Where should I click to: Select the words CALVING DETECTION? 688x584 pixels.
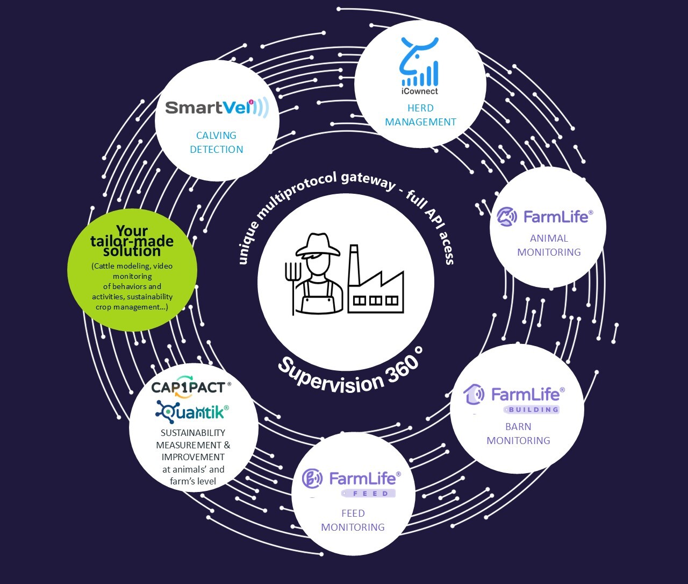point(217,143)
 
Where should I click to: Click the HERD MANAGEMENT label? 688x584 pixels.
point(420,115)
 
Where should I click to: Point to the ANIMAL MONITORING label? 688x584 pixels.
point(549,245)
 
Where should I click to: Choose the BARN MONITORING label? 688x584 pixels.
point(518,433)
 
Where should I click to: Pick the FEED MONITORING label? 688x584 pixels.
point(353,520)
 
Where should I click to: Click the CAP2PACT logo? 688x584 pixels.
point(191,387)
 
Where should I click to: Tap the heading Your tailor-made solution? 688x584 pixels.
point(132,241)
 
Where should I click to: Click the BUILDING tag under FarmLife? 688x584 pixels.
point(532,410)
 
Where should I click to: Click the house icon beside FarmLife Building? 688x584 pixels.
point(474,395)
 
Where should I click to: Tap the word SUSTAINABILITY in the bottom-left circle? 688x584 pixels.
point(193,433)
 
